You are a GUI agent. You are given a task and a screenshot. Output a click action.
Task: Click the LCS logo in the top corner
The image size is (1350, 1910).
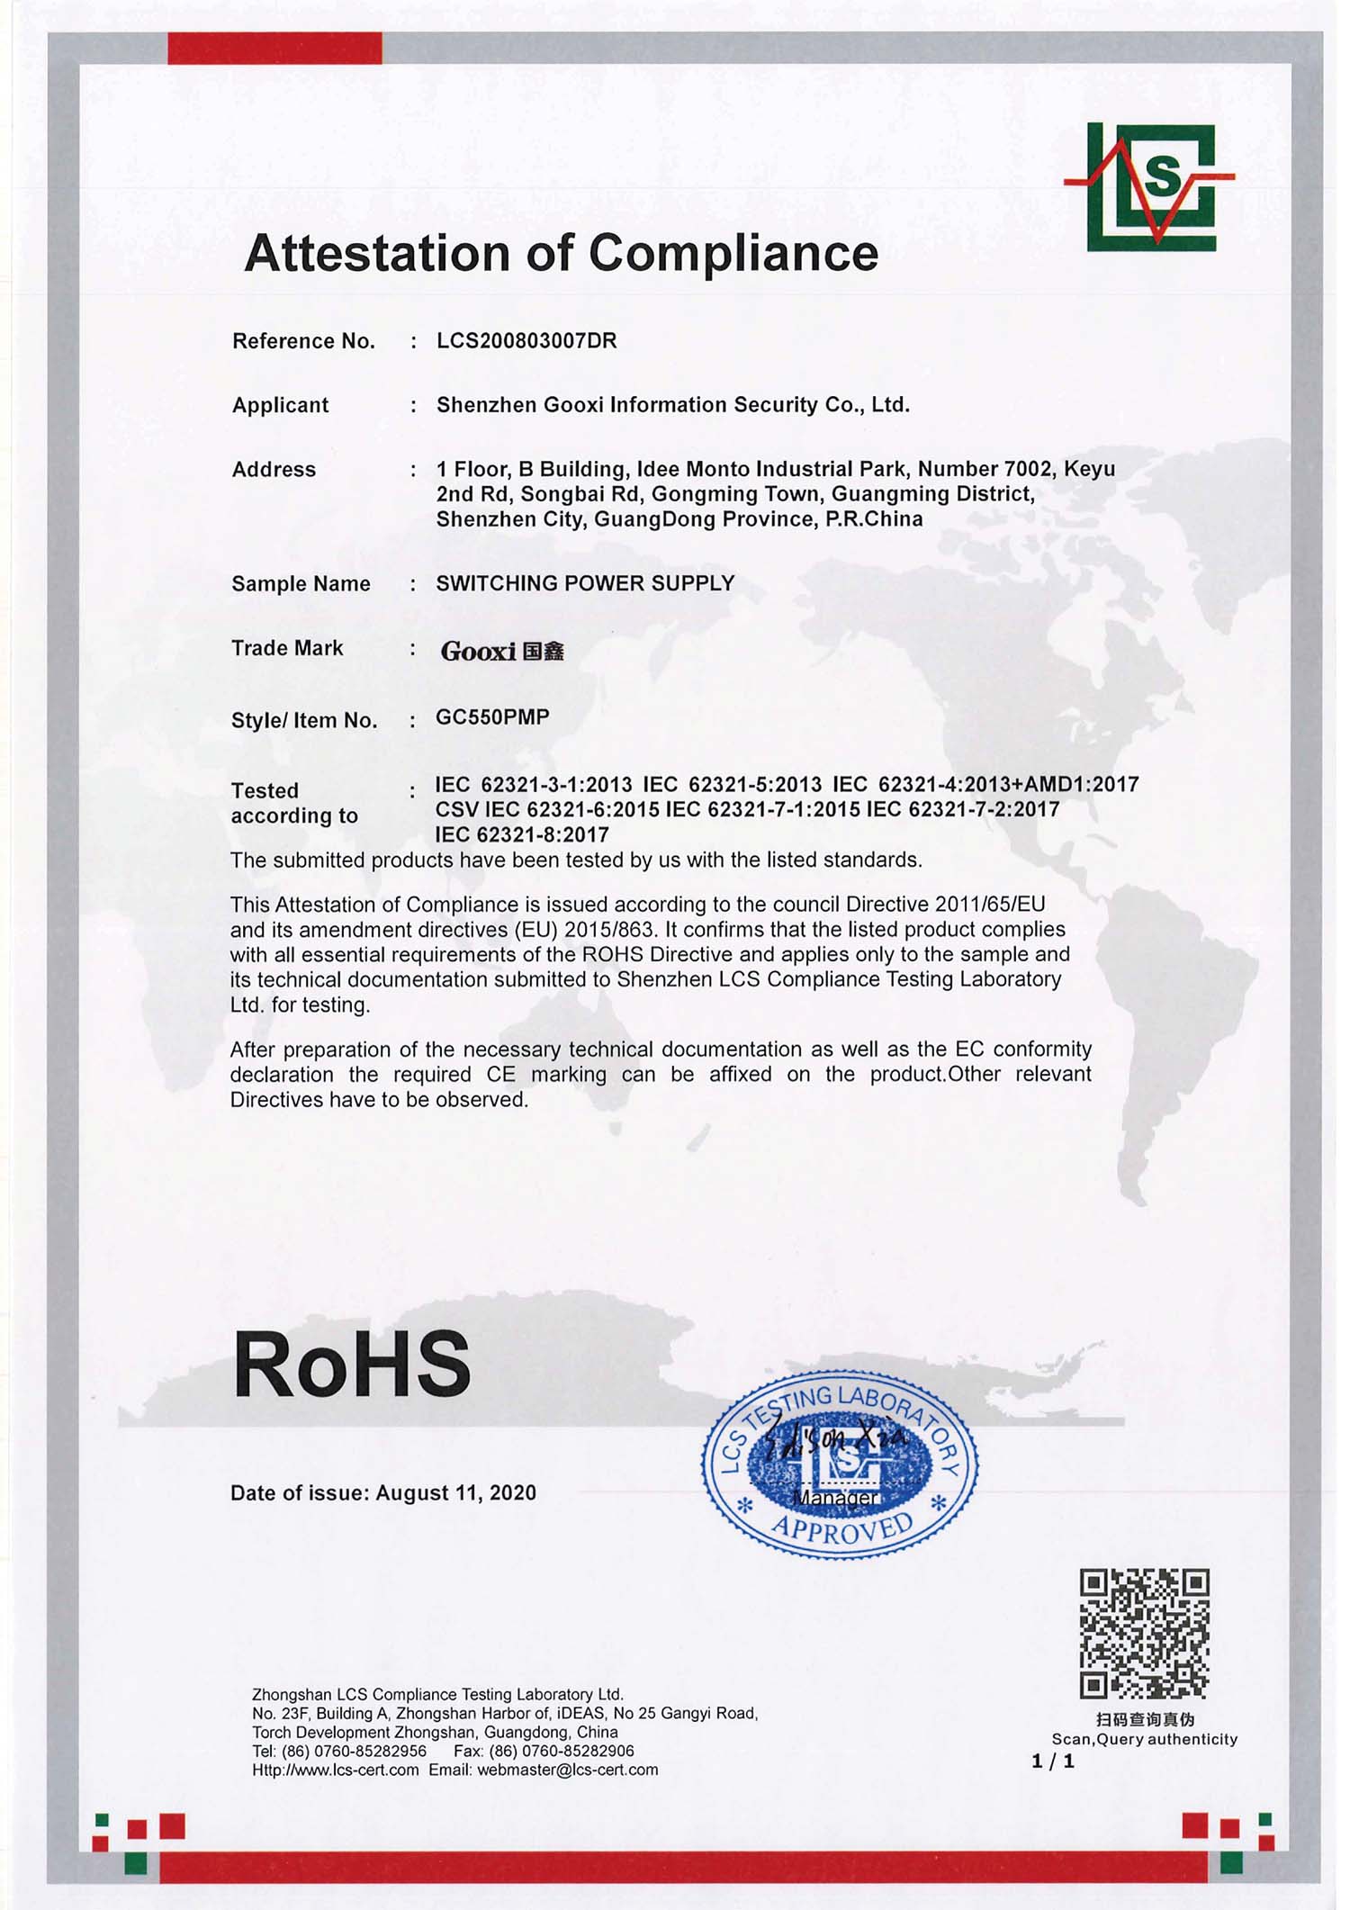[1151, 187]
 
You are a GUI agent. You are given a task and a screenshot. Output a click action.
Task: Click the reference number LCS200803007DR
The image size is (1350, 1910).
[526, 341]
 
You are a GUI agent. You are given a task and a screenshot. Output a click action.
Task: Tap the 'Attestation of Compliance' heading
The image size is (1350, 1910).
[561, 253]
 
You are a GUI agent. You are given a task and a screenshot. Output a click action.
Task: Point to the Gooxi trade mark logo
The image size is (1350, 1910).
[501, 651]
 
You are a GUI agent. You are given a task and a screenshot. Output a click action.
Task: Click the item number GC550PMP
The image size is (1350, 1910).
[491, 717]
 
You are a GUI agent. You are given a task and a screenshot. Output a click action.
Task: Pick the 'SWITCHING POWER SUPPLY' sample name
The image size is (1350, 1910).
[585, 583]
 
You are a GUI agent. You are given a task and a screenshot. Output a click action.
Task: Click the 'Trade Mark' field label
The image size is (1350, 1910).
[287, 648]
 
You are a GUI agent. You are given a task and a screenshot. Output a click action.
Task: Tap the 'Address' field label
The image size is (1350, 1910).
[274, 469]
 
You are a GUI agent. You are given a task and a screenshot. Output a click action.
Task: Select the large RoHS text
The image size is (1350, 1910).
[352, 1365]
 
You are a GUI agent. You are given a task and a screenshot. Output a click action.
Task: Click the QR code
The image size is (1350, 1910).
[1144, 1634]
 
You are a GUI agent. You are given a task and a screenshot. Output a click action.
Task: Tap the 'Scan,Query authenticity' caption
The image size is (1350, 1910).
[1144, 1739]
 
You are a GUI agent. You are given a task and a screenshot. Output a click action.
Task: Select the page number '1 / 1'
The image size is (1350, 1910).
[1053, 1761]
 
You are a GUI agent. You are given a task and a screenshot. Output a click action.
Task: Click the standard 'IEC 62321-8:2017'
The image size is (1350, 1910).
[522, 834]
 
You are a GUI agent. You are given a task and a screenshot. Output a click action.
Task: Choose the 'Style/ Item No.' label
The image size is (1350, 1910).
[304, 720]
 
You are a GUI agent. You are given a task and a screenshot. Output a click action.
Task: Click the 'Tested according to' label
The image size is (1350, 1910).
[294, 803]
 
